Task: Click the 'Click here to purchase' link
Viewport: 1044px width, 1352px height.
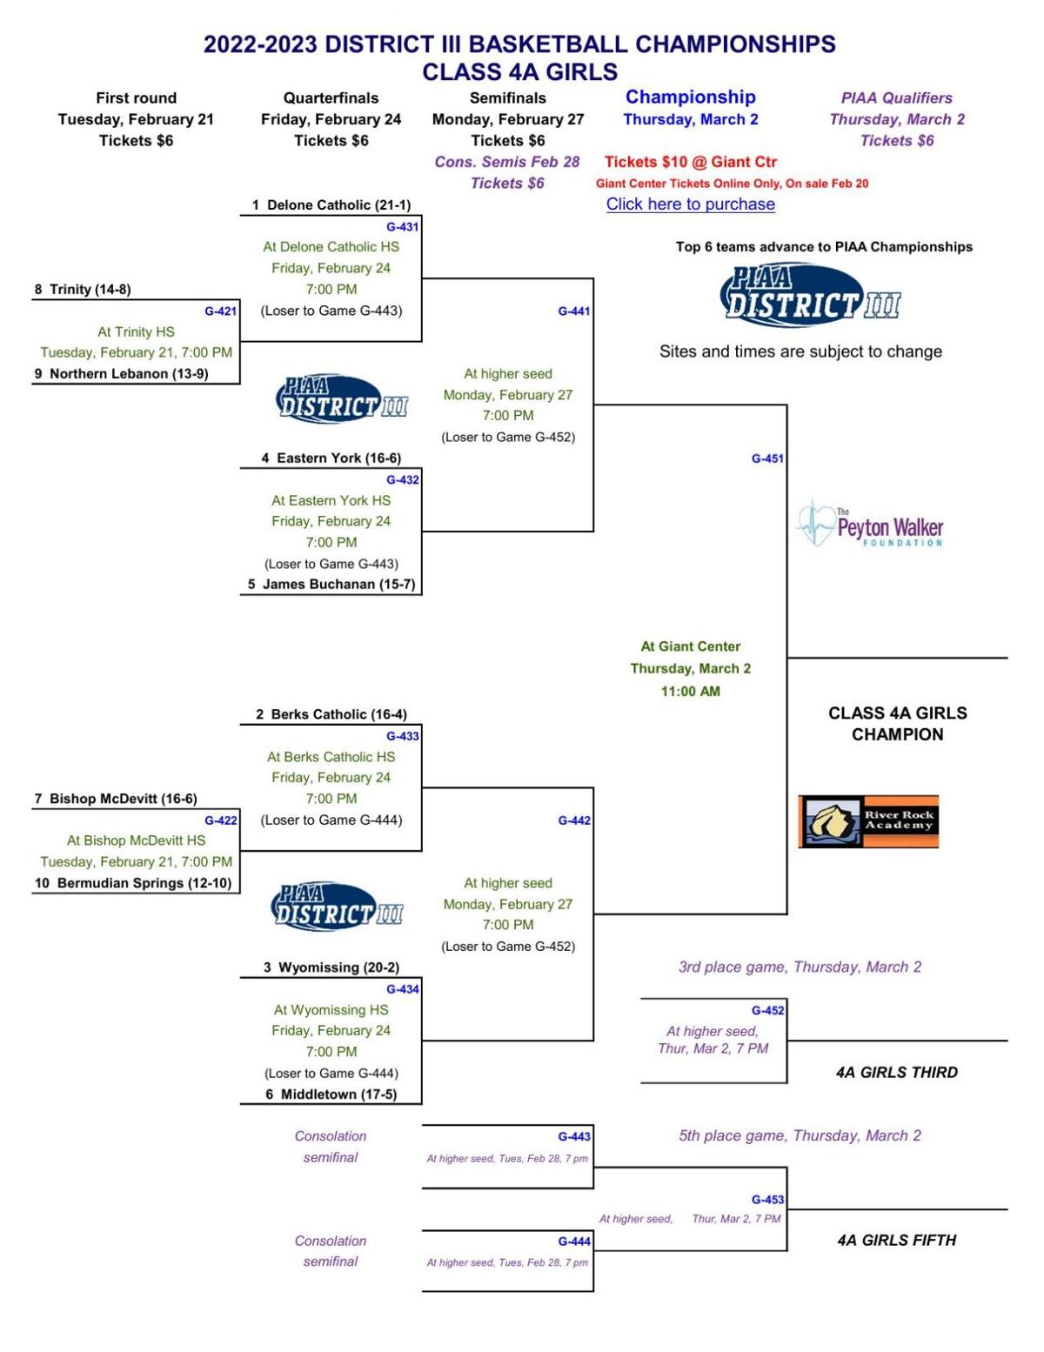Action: (690, 204)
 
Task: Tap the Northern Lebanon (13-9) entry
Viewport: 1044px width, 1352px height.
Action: (129, 374)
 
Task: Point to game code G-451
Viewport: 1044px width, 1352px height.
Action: (767, 458)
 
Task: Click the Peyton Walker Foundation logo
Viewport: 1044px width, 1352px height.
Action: (870, 525)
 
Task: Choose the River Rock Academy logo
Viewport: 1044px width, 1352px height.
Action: (868, 821)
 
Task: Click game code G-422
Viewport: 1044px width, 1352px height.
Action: (220, 820)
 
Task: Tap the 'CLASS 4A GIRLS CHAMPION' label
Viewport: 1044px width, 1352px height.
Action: (897, 724)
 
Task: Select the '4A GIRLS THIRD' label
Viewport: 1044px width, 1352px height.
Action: (896, 1073)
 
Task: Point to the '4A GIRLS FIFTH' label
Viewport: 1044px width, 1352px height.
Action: (896, 1241)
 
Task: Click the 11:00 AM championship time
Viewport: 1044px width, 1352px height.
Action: (690, 692)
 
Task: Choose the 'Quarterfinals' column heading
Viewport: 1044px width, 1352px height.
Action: (331, 98)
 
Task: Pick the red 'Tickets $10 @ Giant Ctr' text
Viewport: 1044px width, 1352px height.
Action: (690, 162)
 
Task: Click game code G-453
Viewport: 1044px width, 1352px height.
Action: (767, 1200)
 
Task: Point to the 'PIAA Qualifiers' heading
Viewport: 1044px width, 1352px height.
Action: (896, 98)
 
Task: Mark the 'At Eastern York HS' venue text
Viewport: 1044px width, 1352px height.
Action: (331, 501)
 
